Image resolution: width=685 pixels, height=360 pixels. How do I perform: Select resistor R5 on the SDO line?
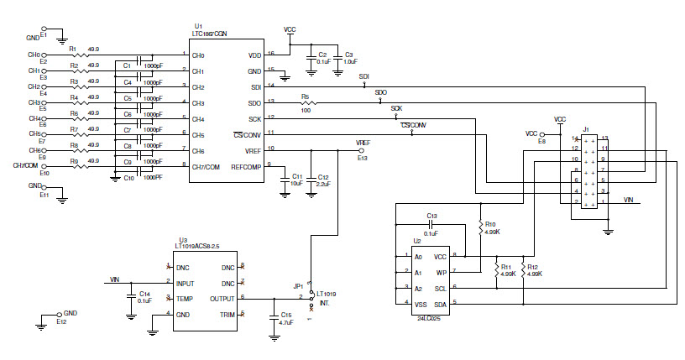coord(306,102)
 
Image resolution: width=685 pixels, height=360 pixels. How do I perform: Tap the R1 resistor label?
coord(73,49)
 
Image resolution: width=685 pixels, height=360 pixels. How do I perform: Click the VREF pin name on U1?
coord(251,150)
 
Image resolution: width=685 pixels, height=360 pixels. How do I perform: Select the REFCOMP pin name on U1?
coord(246,166)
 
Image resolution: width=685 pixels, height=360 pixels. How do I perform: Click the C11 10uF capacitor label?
coord(296,179)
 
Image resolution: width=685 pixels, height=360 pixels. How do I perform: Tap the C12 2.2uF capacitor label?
coord(322,179)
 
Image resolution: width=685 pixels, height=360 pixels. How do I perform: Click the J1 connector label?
coord(586,128)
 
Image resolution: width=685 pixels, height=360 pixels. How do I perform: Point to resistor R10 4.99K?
coord(481,228)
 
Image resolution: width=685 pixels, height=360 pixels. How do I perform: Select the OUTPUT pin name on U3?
coord(221,297)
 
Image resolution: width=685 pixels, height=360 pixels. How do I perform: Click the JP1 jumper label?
coord(298,285)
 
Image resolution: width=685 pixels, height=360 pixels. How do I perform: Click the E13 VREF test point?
coord(362,151)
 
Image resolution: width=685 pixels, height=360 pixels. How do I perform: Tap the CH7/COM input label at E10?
coord(26,165)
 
